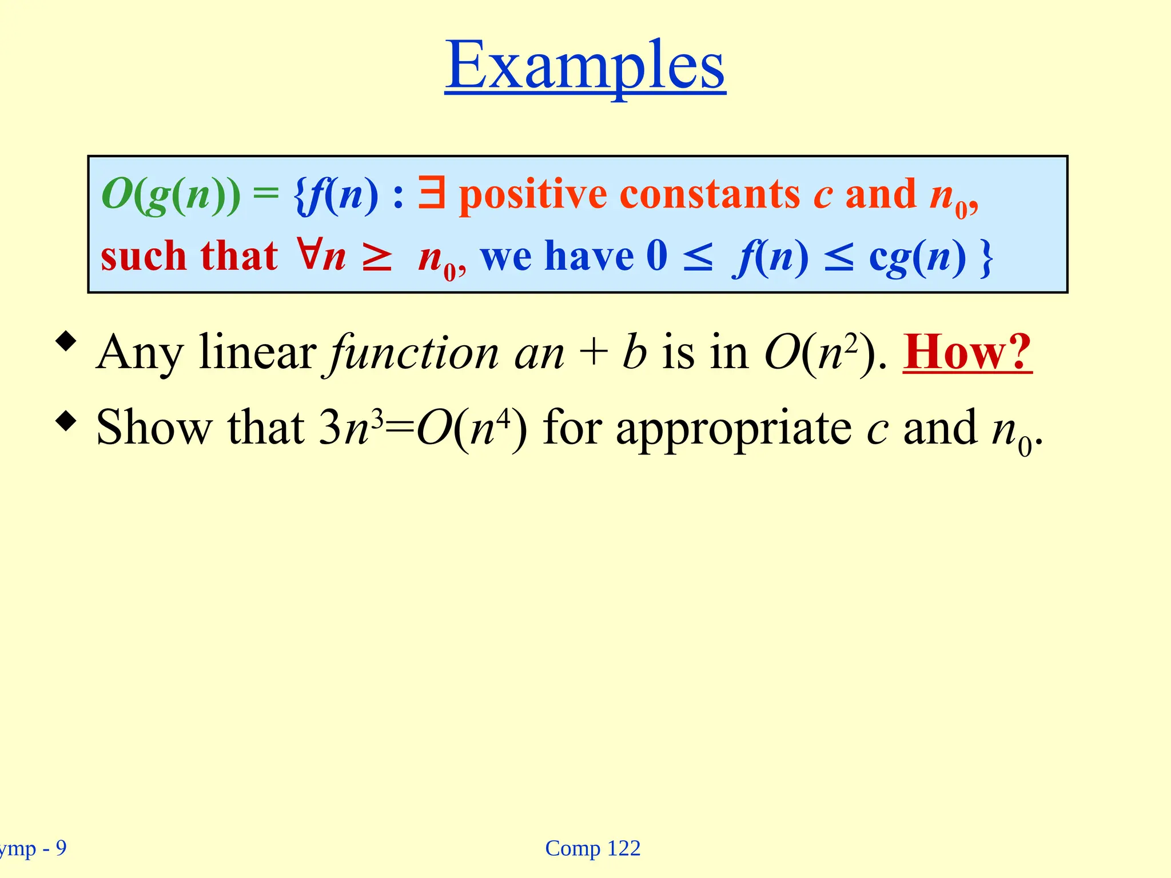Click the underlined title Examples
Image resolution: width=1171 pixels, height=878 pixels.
[585, 66]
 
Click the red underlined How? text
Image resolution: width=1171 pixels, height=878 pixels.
[967, 353]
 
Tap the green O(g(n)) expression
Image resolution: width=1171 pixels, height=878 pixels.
[171, 194]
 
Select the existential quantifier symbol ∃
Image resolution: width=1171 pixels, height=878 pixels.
[431, 193]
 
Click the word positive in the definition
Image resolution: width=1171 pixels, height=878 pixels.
[532, 195]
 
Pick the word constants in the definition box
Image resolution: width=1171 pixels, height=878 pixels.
[710, 194]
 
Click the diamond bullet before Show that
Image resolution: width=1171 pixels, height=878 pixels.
[66, 422]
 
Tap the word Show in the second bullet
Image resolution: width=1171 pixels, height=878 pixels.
[153, 428]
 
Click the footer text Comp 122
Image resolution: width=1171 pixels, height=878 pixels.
[593, 848]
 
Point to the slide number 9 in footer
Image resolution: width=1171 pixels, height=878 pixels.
[61, 848]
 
